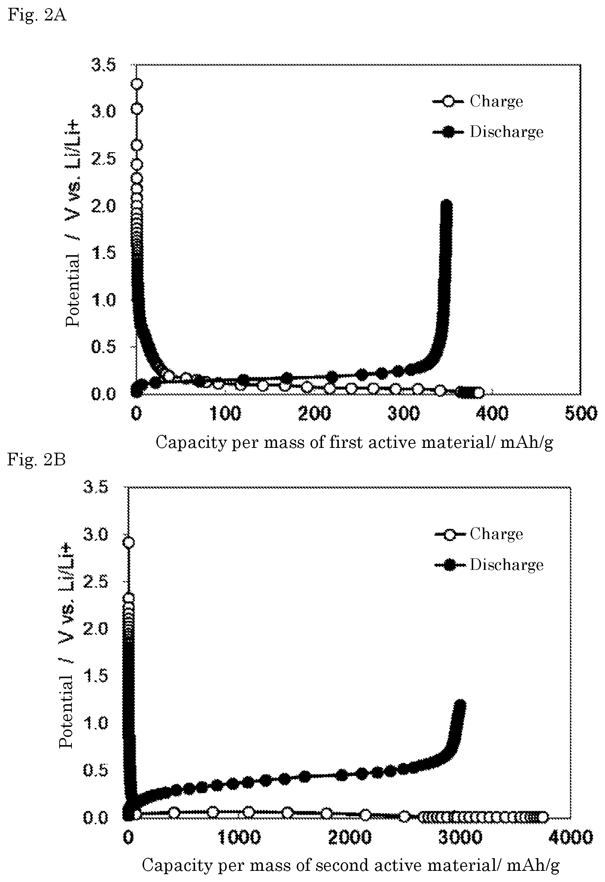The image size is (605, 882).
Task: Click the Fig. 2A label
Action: pos(37,15)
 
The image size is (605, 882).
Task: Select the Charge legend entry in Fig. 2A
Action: pos(478,101)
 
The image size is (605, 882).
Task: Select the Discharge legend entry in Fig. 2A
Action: pos(488,132)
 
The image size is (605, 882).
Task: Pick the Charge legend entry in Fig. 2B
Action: pos(478,534)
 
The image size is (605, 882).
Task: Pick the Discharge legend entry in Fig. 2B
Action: pos(489,565)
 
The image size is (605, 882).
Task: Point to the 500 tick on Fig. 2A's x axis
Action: pos(581,413)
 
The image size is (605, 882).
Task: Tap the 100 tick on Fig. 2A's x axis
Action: pos(225,413)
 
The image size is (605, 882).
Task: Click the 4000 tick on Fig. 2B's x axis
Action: pos(571,837)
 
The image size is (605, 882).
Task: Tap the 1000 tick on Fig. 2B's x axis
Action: pos(239,837)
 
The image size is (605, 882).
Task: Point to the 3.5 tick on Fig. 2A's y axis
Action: pos(103,65)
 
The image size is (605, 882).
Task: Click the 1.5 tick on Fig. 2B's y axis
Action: pos(95,675)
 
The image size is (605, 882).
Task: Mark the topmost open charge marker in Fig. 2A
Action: pos(137,84)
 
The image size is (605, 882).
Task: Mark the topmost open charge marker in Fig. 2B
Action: pos(129,543)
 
